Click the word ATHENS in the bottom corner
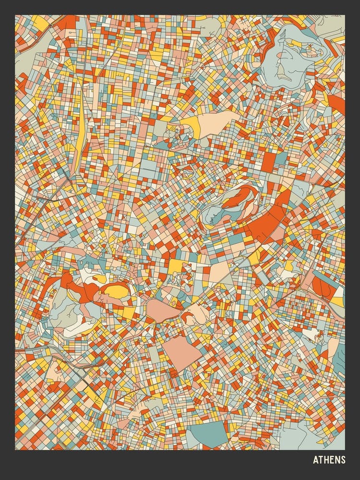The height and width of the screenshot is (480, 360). pos(329,460)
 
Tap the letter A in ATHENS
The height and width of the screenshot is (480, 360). pos(315,460)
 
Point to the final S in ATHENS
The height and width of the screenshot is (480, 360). pos(343,460)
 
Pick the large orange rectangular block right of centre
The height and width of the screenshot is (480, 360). pos(268,161)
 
